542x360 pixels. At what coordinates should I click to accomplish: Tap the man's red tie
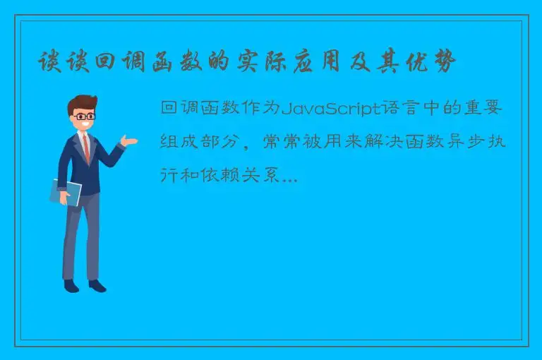(86, 148)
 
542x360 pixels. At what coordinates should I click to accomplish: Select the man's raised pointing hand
(129, 142)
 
